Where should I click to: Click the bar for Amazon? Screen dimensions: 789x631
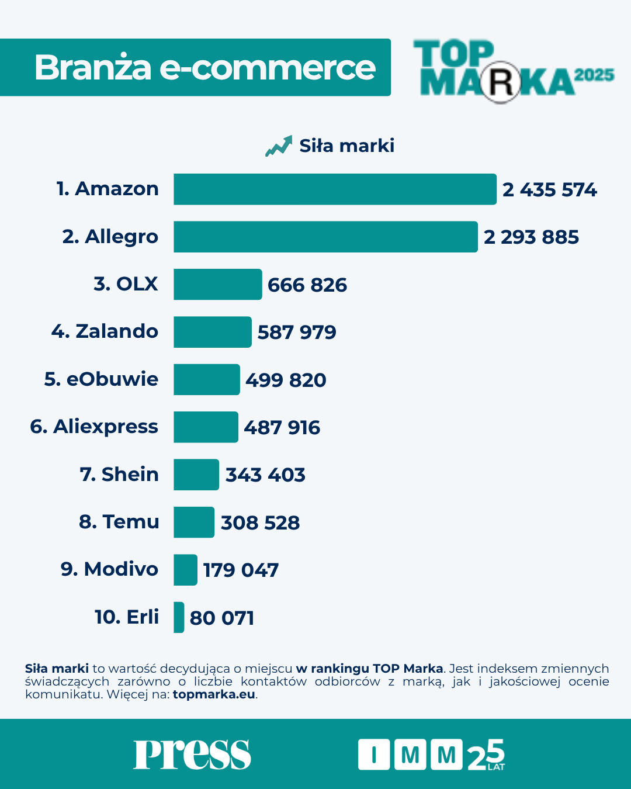335,189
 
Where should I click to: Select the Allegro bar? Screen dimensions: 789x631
325,237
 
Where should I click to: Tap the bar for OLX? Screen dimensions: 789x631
217,285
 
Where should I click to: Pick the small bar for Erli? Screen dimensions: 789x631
179,617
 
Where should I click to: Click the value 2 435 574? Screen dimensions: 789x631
549,190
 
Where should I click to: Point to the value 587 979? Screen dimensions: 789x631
297,333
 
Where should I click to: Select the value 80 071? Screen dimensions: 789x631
222,618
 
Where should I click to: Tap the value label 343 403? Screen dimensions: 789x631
265,475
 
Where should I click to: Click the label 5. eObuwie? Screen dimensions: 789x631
101,379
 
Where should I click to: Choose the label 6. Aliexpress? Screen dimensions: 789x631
94,427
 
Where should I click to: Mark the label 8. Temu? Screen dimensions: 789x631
119,522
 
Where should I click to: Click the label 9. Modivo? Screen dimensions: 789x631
109,569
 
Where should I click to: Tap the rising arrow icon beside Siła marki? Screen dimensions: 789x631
279,146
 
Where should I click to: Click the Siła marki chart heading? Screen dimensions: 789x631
346,146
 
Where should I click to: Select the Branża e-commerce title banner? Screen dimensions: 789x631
195,68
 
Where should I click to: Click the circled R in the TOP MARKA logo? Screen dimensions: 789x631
501,83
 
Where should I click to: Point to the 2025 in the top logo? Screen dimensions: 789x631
594,75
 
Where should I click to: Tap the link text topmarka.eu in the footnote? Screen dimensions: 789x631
214,694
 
